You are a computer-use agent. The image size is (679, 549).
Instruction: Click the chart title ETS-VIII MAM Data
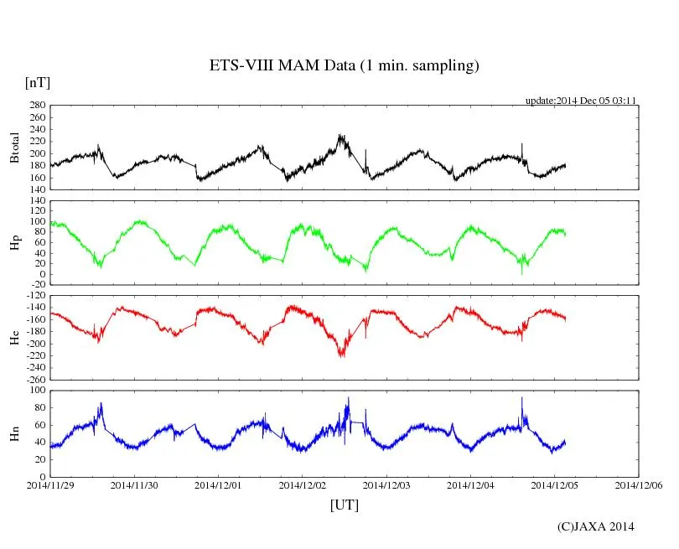click(344, 66)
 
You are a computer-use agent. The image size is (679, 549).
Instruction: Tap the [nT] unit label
click(38, 82)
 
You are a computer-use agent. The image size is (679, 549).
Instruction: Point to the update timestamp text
click(581, 101)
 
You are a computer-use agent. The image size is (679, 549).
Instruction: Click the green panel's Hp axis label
click(14, 243)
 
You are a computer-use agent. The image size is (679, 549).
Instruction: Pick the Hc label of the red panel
click(14, 338)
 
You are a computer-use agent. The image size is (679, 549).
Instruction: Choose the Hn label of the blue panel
click(14, 432)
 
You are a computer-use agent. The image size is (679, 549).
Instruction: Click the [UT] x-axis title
click(344, 505)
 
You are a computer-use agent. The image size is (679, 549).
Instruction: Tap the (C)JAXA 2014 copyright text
click(596, 526)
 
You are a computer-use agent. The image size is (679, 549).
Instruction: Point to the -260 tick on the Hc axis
click(34, 379)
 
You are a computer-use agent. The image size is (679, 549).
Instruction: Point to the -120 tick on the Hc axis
click(34, 297)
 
